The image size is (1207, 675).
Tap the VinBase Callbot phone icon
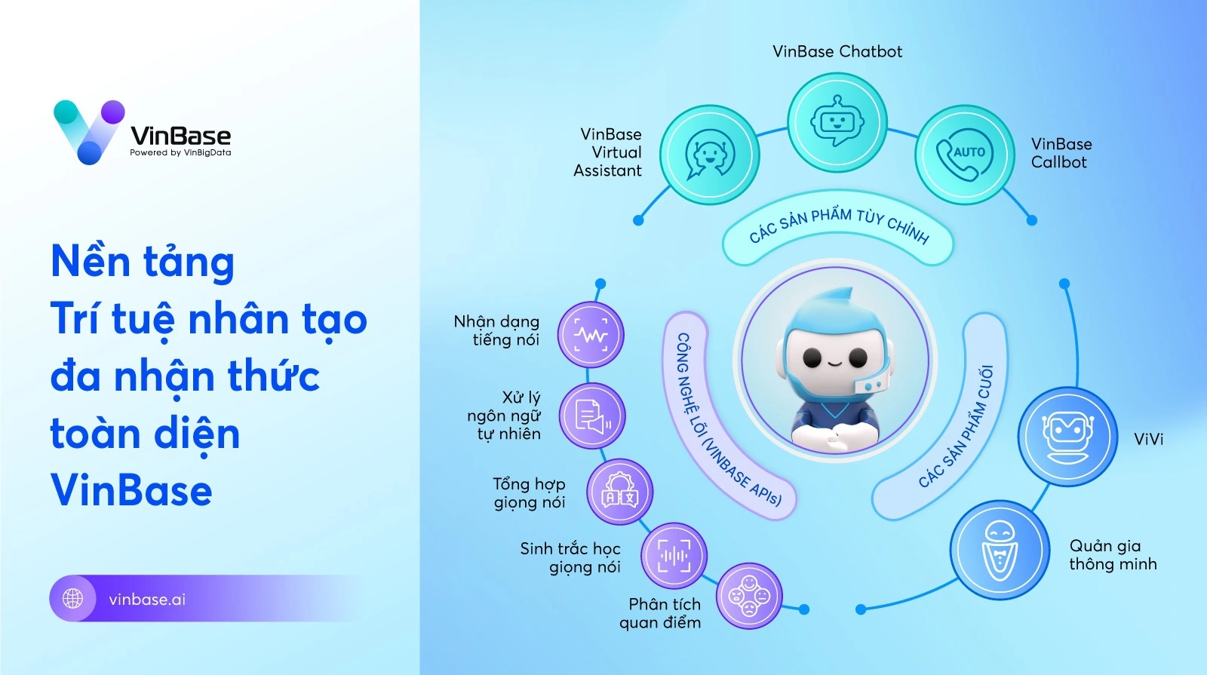(x=964, y=155)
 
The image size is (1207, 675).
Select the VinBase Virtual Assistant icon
(x=709, y=155)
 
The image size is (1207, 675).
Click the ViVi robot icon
(x=1067, y=437)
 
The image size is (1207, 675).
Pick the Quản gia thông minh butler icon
(x=1000, y=551)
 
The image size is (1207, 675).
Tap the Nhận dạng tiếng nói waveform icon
(x=591, y=336)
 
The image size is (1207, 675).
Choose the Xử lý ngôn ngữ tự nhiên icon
(x=592, y=416)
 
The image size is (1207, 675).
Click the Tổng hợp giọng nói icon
(x=619, y=492)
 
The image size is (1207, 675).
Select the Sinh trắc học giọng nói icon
(x=674, y=557)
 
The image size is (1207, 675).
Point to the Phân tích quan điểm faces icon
(x=748, y=597)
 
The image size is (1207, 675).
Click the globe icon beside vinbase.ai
(x=73, y=599)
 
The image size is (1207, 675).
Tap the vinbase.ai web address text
(x=147, y=600)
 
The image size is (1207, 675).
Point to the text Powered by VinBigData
(x=180, y=152)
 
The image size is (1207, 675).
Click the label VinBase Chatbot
(x=837, y=51)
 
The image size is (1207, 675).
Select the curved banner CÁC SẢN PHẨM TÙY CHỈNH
(x=838, y=226)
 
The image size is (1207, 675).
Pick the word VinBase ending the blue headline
(x=131, y=490)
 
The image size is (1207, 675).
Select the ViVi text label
(x=1148, y=439)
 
